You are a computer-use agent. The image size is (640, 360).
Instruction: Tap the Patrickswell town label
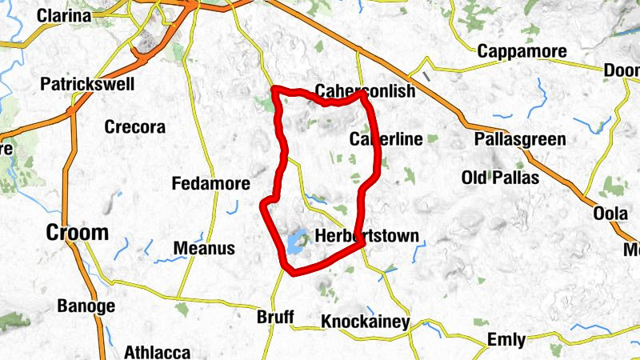coord(87,84)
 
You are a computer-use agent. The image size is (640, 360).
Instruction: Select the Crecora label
coord(135,126)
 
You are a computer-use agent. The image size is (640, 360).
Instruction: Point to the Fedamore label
coord(211,184)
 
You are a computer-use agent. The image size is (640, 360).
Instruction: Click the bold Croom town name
coord(77,233)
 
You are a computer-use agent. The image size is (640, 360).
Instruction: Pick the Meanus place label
coord(204,248)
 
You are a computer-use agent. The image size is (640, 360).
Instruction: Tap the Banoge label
coord(86,306)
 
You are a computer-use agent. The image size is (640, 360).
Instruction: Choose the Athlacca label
coord(158,352)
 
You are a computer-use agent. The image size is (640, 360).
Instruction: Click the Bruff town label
coord(275,316)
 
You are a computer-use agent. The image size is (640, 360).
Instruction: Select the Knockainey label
coord(366,322)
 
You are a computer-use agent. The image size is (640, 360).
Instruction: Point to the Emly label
coord(506,340)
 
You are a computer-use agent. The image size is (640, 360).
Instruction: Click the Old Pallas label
coord(501,177)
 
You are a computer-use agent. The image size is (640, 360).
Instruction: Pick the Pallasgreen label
coord(519,140)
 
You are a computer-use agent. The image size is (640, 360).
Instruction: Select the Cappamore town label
coord(522,51)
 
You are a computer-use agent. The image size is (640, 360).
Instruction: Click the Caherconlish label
coord(366,91)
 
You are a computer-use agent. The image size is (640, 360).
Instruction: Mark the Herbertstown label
coord(367,237)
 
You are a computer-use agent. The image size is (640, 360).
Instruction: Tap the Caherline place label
coord(386,140)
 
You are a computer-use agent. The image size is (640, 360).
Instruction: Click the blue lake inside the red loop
coord(298,241)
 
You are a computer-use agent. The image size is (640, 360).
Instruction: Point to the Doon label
coord(622,70)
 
